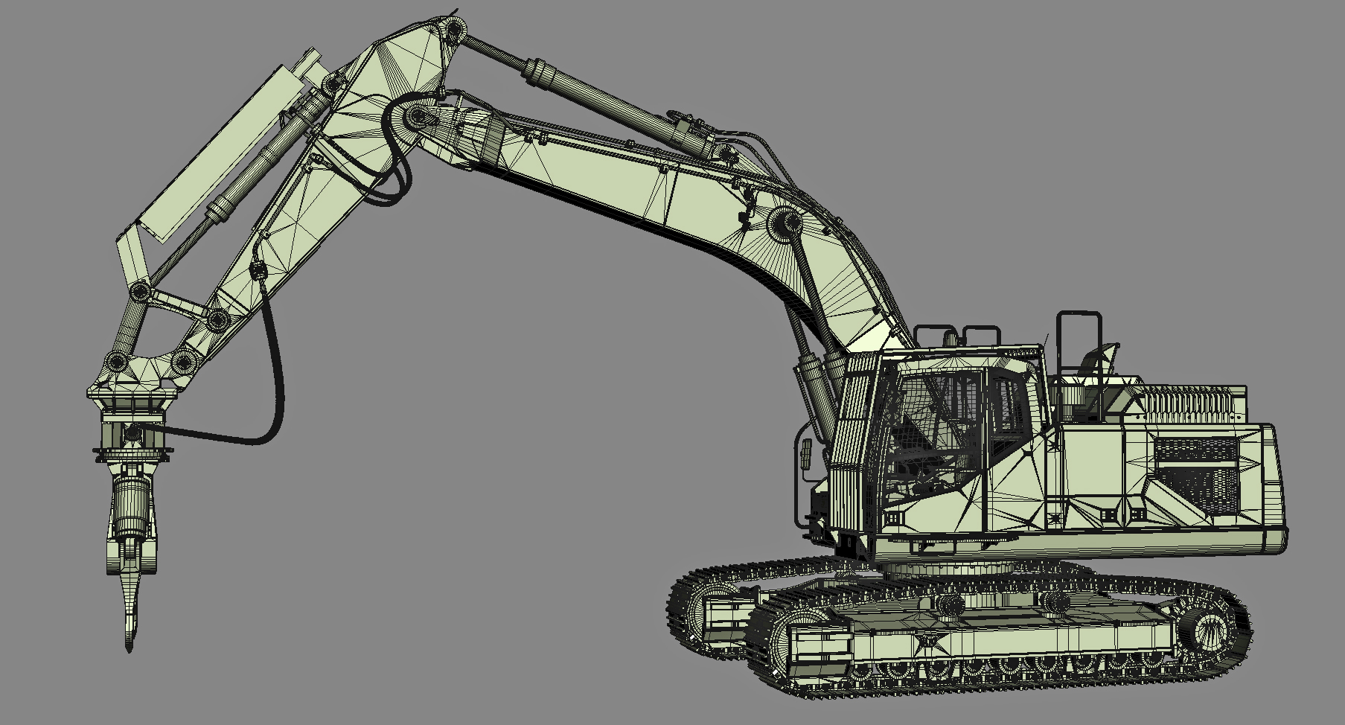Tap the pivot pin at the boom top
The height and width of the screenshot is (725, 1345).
(452, 31)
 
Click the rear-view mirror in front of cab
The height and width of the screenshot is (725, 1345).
(805, 453)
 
